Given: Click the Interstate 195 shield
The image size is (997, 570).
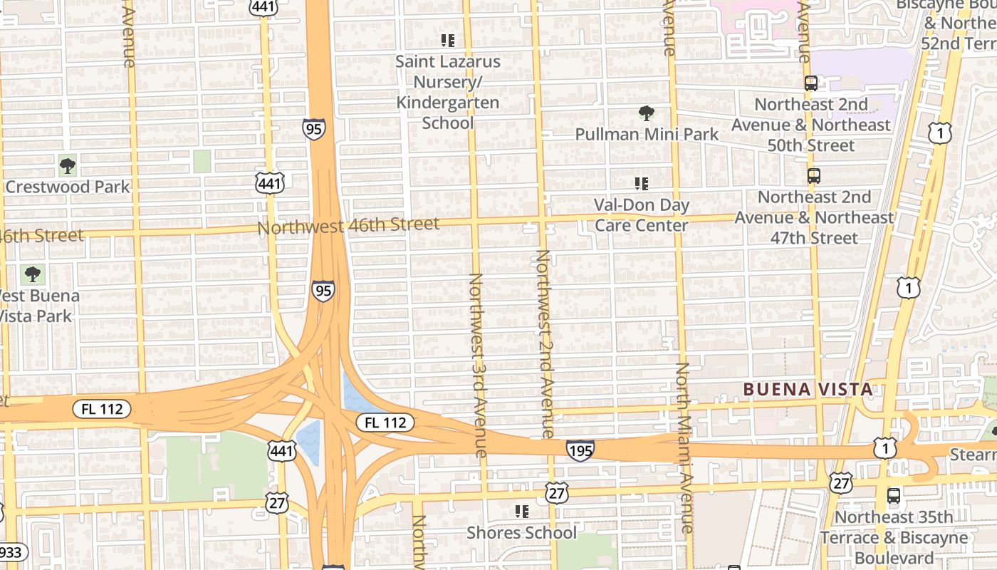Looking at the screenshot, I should [x=580, y=450].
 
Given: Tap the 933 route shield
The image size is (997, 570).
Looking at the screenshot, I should [x=11, y=552].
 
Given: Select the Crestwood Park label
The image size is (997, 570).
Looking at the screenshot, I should [x=68, y=187].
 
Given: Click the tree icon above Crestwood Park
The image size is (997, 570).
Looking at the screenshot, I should [x=68, y=167].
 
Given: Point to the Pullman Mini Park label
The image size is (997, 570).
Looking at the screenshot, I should [x=647, y=134].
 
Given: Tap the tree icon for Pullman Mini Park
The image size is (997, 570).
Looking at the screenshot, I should [x=647, y=113].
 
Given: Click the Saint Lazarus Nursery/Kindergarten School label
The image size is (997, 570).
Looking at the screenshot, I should [x=447, y=93].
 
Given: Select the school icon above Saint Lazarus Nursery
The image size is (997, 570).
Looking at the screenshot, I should [x=447, y=41].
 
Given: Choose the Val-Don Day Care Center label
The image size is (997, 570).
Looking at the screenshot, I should [x=642, y=215].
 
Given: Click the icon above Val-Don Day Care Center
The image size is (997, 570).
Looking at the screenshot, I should [x=642, y=184].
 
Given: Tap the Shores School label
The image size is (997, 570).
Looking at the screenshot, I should [x=522, y=532].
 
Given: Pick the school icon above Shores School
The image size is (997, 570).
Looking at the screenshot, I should [x=522, y=512].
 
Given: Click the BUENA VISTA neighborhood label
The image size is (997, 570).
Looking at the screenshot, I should [x=808, y=389].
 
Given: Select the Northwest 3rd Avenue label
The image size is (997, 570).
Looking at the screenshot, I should [x=477, y=365].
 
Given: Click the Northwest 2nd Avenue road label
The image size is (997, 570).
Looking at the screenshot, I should [x=545, y=343].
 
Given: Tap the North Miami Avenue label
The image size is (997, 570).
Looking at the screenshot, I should [x=684, y=447].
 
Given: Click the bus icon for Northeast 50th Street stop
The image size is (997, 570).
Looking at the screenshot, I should [x=811, y=83].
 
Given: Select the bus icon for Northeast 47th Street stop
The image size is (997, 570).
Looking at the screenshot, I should [x=813, y=176].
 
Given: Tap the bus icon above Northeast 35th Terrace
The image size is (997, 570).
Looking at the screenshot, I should [x=893, y=496].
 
